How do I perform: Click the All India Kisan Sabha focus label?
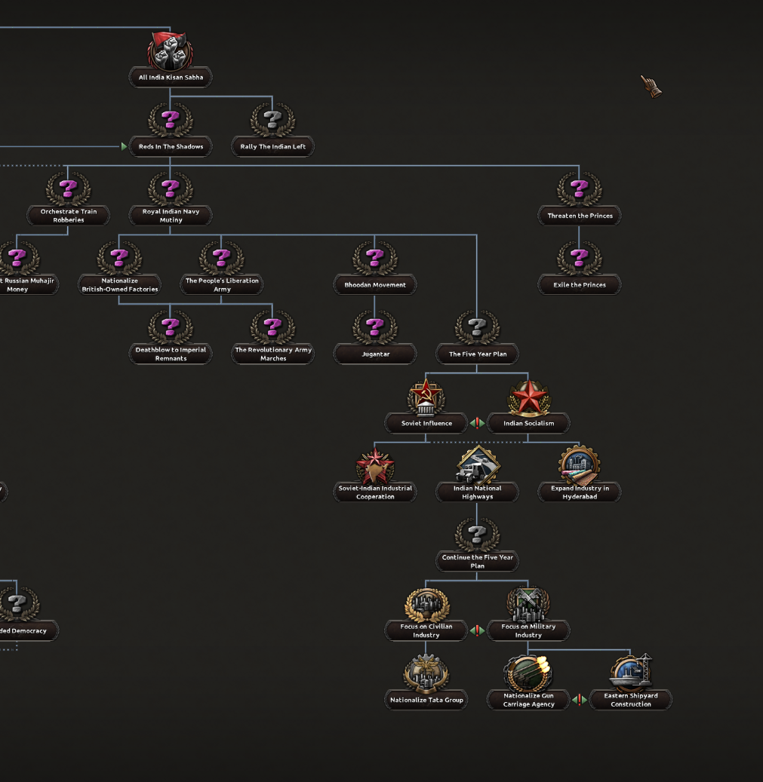[171, 77]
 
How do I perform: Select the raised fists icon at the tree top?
[171, 51]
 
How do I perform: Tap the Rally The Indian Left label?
[272, 146]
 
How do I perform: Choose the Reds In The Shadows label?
[171, 146]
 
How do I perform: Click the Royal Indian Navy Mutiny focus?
[171, 216]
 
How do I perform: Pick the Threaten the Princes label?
[580, 216]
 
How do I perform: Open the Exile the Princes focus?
[580, 285]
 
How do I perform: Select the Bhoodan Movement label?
[375, 285]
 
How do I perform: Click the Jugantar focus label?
[375, 354]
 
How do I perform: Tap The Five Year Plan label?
[477, 354]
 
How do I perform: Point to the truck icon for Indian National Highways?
[477, 466]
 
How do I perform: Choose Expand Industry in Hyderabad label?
[580, 492]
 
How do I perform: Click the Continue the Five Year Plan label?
[477, 562]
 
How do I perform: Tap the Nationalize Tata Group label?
[426, 700]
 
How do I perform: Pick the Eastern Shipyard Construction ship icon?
[631, 673]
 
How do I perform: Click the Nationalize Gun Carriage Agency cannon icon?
[528, 673]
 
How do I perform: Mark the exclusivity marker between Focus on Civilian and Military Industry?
[477, 630]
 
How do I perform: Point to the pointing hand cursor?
[651, 86]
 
